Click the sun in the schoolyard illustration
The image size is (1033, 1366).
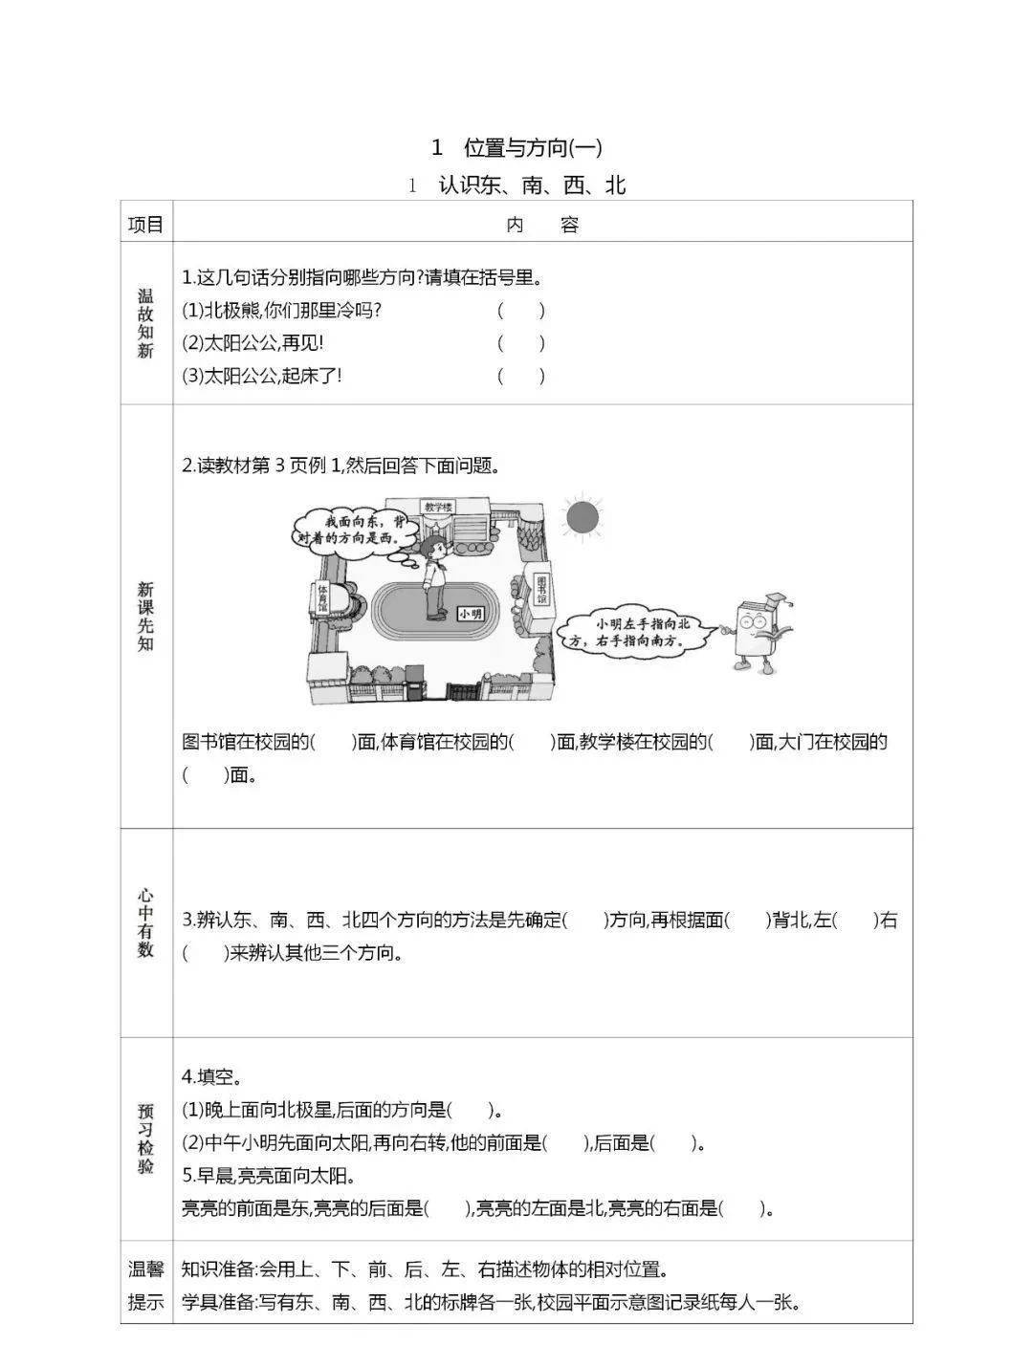click(x=582, y=516)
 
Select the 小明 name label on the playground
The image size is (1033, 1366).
click(x=471, y=615)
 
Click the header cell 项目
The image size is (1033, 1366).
click(x=146, y=225)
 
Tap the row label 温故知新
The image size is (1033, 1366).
click(x=145, y=323)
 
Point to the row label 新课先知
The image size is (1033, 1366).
click(x=145, y=616)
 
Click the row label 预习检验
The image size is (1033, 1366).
click(x=145, y=1139)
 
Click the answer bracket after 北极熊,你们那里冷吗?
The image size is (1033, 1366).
click(x=521, y=311)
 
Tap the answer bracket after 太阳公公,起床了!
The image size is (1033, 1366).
click(x=521, y=376)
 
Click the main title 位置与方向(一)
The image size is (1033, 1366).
click(x=532, y=147)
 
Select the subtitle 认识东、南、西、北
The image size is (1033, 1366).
click(x=532, y=185)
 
